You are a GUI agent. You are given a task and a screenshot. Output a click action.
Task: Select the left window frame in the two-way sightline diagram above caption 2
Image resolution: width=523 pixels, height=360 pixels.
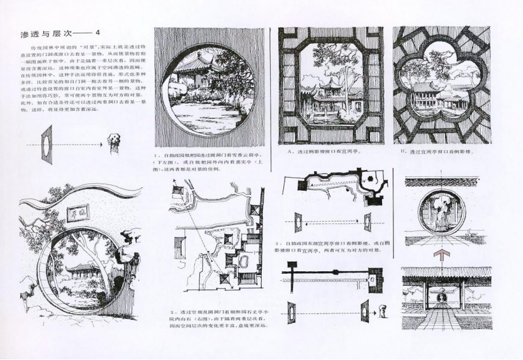299,222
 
